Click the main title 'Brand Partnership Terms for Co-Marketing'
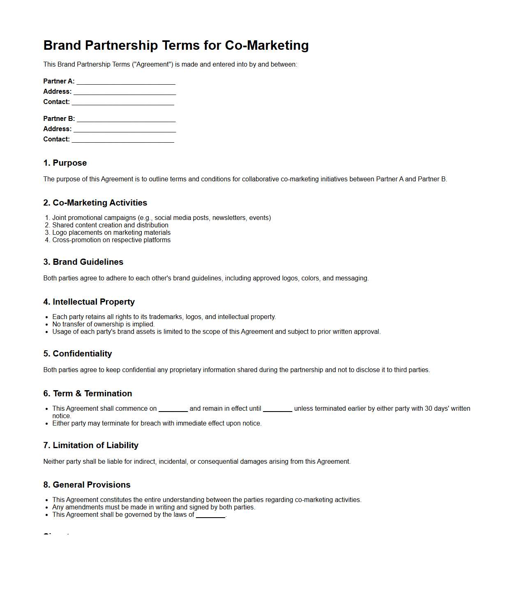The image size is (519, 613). tap(176, 45)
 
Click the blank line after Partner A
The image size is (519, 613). tap(126, 81)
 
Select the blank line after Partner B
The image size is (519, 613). tap(126, 119)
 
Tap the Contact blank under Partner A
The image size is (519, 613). tap(123, 102)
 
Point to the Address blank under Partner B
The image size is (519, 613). tap(125, 129)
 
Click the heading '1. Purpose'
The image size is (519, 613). tap(65, 163)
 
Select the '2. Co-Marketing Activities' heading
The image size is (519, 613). tap(95, 203)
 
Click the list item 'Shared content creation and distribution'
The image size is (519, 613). tap(110, 225)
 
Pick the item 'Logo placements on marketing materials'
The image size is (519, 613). tap(111, 233)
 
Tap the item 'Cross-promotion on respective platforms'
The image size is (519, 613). tap(111, 240)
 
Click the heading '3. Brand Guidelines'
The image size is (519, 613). tap(83, 262)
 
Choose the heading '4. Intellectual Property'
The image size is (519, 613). tap(89, 302)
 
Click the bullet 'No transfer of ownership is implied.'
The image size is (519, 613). tap(103, 324)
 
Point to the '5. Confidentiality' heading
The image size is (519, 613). tap(77, 354)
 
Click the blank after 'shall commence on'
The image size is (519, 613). tap(173, 409)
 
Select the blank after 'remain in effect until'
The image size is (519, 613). tap(277, 409)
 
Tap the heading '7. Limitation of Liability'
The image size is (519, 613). tap(90, 445)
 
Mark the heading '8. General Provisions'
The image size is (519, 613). tap(87, 485)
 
